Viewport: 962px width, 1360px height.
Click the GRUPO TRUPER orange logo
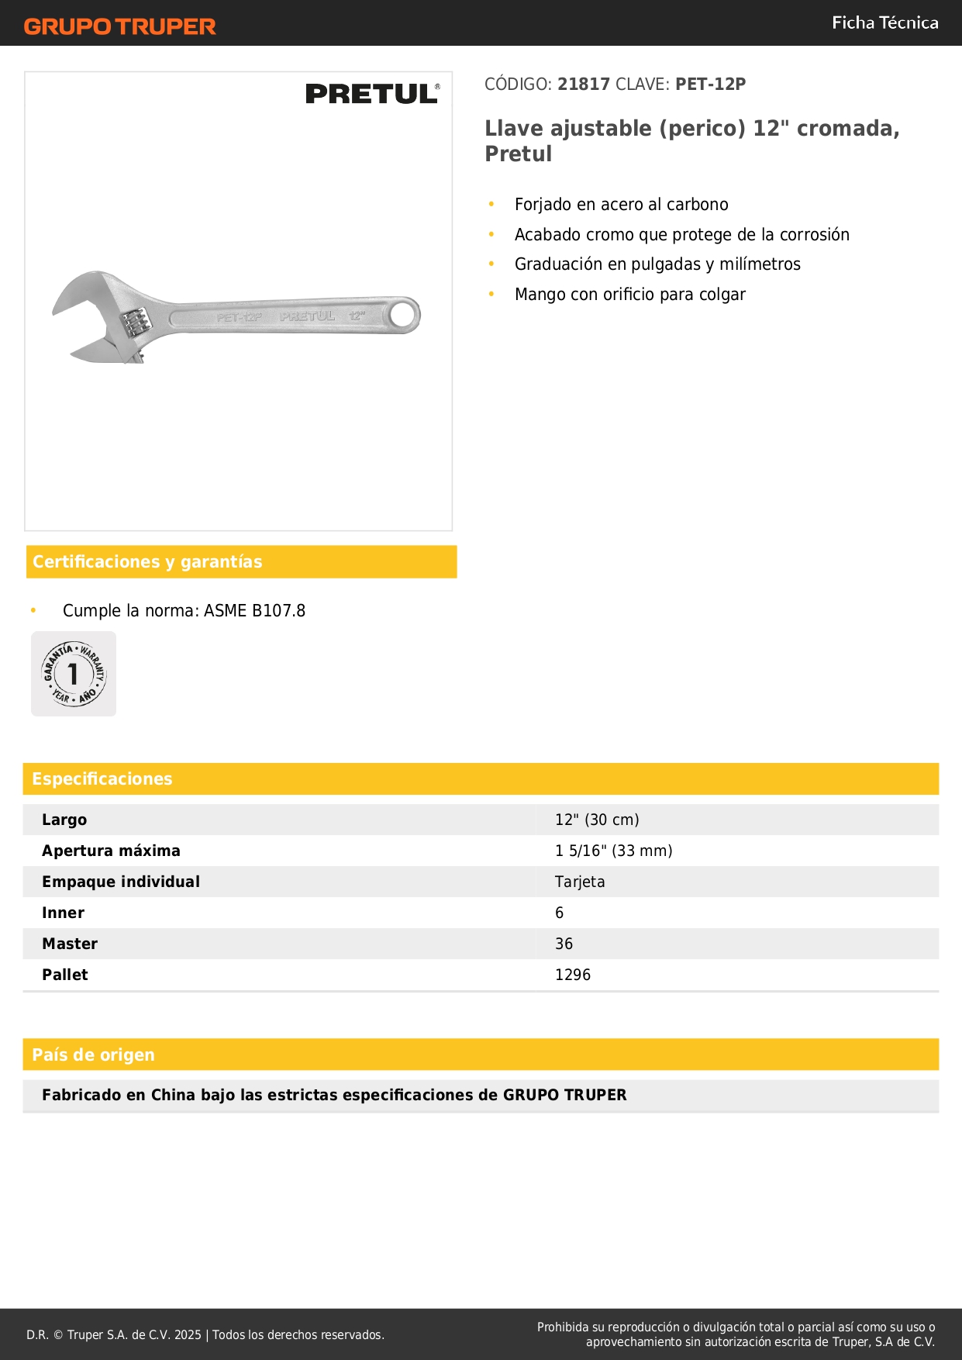click(119, 26)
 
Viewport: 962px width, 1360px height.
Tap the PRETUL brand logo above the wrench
click(372, 94)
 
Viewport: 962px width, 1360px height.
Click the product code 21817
click(584, 85)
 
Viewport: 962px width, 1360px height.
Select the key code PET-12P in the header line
click(710, 85)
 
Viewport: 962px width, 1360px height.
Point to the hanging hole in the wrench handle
click(402, 315)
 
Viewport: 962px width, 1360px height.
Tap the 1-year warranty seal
click(74, 674)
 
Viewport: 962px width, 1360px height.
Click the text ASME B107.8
click(254, 611)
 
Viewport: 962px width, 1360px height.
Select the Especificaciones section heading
click(102, 779)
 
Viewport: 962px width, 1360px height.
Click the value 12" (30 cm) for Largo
click(597, 820)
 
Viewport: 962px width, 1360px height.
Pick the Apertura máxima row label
click(111, 851)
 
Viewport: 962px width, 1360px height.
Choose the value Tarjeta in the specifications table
click(580, 882)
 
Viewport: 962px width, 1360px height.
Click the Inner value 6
click(560, 913)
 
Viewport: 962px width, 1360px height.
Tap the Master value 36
click(564, 944)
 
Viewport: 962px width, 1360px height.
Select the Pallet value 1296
click(573, 975)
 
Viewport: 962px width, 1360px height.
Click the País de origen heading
click(93, 1055)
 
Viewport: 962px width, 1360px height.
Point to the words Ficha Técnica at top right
click(884, 23)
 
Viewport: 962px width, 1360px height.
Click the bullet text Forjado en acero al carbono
click(621, 205)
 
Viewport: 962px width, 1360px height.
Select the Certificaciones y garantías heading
click(147, 562)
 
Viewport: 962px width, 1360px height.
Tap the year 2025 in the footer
click(188, 1335)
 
